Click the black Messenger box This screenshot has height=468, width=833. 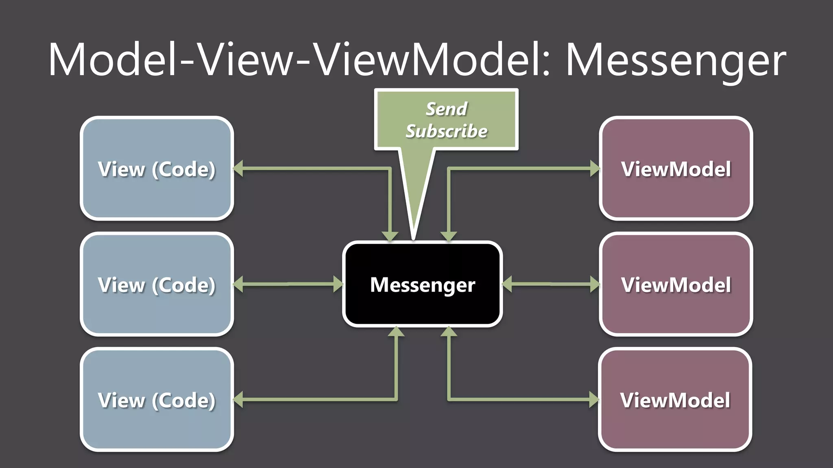[x=422, y=284]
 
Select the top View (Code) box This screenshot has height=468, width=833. [x=157, y=169]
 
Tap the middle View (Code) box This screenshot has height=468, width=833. [x=157, y=284]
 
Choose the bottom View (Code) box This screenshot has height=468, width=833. [x=157, y=400]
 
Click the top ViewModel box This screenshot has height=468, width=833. [x=676, y=169]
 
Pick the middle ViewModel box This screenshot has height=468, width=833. [x=676, y=284]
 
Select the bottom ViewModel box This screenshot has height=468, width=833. [x=675, y=400]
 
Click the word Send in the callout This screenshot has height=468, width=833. [x=446, y=109]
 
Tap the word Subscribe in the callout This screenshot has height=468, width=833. [x=446, y=131]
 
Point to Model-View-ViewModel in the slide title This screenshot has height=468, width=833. [x=299, y=60]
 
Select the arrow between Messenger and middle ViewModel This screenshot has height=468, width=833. [x=551, y=284]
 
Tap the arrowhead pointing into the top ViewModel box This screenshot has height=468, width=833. [x=595, y=169]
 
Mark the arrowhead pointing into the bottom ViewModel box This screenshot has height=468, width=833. [x=594, y=400]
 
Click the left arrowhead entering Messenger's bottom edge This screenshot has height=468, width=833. [x=396, y=332]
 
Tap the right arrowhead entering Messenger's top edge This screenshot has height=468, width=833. [x=449, y=236]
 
